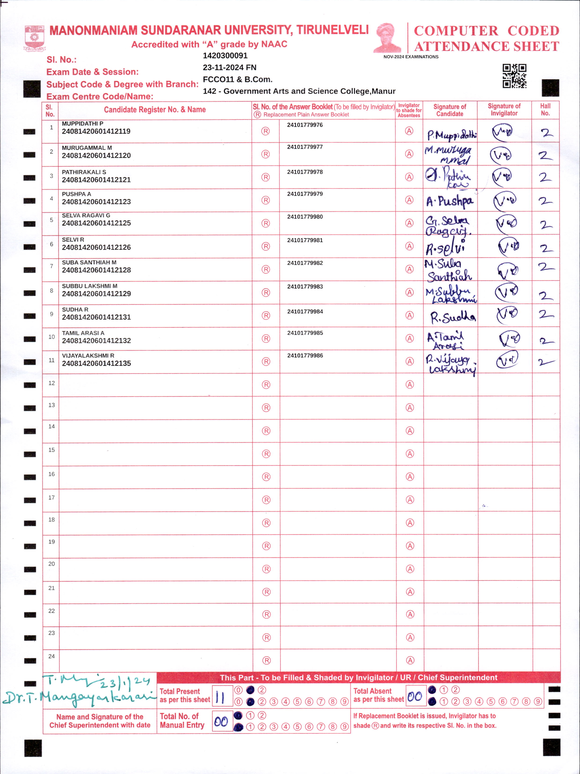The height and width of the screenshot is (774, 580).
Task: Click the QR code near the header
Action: (x=514, y=76)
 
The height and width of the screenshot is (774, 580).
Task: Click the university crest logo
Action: (x=34, y=38)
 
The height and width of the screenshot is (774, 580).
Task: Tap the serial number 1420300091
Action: (x=225, y=56)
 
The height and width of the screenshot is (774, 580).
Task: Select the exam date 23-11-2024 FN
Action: (x=230, y=67)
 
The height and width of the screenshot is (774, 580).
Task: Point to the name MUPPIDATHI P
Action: (x=82, y=123)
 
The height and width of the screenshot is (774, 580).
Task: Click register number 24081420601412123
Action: (x=96, y=202)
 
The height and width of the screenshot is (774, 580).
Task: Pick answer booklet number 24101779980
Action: (x=305, y=217)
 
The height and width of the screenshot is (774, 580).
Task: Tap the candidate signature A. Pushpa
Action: (x=450, y=201)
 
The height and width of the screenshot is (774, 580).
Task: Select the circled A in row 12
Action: (x=410, y=385)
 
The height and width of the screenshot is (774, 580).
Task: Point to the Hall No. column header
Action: (x=545, y=110)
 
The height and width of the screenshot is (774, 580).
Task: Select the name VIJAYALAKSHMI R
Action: (x=88, y=356)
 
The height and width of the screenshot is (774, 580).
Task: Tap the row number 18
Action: (x=52, y=520)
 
